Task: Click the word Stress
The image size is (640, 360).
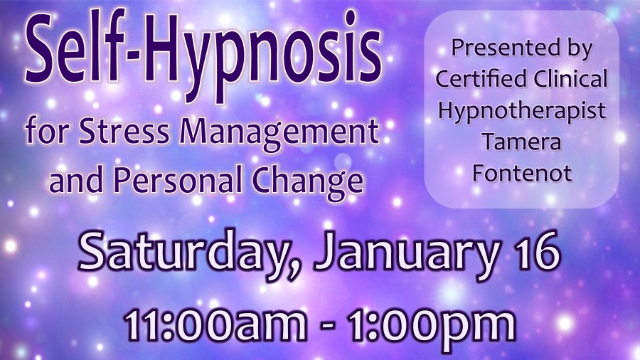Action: tap(124, 132)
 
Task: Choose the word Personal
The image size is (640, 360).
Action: tap(177, 180)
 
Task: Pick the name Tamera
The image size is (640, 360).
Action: tap(522, 142)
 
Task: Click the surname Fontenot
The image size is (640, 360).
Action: tap(522, 173)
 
